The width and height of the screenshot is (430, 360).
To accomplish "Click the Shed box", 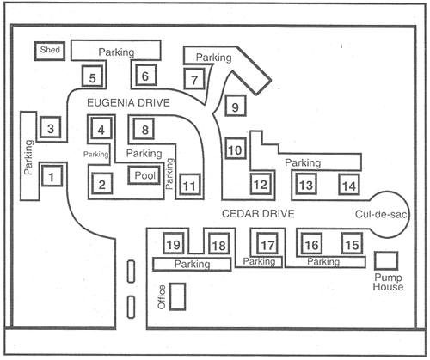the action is coord(50,51).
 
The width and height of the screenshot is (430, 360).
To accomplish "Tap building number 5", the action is coord(92,76).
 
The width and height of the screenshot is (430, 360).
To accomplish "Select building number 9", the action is coord(236,106).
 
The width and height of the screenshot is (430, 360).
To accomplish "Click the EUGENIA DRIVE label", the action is coord(128,103).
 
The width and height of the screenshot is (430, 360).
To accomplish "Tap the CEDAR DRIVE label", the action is coord(258,214).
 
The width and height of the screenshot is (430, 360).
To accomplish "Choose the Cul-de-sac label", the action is coord(381,214).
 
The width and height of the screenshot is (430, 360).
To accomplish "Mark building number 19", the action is coord(174,243).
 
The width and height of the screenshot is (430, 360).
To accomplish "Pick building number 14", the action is coord(349,185).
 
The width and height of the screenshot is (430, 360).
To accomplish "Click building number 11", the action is coord(189,185).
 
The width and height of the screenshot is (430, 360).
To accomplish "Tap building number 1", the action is coord(52,176).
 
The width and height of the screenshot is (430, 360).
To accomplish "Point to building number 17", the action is coord(267,243).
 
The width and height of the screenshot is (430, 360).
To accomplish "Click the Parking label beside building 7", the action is coord(213,58).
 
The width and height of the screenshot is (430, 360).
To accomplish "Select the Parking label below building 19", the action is coord(192,264).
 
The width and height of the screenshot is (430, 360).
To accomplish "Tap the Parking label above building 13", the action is coord(303,163).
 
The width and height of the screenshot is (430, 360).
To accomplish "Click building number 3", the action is coord(50,127).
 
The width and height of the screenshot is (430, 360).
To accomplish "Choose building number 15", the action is coord(353,243).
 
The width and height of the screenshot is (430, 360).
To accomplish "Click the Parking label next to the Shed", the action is coord(116,52).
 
